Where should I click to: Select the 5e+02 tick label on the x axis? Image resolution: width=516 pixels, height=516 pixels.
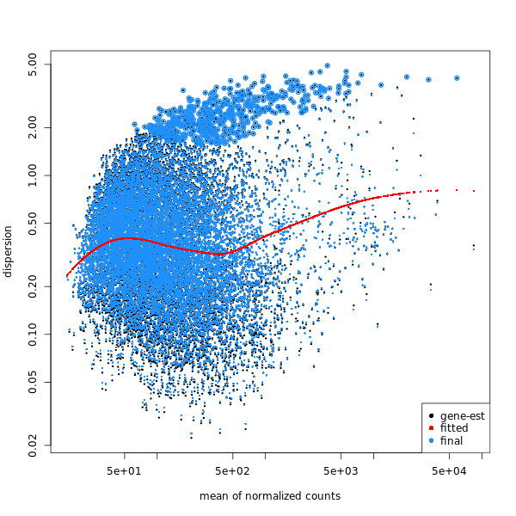pyautogui.click(x=232, y=470)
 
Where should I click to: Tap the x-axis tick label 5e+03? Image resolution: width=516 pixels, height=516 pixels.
pyautogui.click(x=341, y=470)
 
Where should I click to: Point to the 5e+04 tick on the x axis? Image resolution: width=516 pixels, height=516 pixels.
pyautogui.click(x=449, y=470)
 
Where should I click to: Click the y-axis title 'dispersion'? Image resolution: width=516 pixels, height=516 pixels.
pyautogui.click(x=9, y=251)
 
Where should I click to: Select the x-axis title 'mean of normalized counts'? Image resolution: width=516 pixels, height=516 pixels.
pyautogui.click(x=270, y=496)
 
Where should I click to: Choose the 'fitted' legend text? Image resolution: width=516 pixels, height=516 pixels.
pyautogui.click(x=453, y=428)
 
